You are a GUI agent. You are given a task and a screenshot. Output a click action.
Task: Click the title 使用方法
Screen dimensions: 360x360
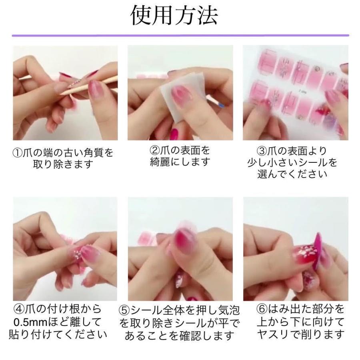pyautogui.click(x=174, y=16)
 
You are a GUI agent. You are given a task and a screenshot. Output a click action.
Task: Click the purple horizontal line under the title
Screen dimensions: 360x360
pyautogui.click(x=180, y=36)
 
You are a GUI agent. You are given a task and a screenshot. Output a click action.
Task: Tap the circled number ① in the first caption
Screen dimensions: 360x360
pyautogui.click(x=18, y=153)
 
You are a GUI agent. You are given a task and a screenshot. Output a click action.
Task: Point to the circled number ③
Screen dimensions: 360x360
pyautogui.click(x=262, y=151)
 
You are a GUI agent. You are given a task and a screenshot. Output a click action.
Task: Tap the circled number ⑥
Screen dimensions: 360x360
pyautogui.click(x=262, y=309)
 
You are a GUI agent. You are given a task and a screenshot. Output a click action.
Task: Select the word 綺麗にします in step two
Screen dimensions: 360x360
pyautogui.click(x=180, y=162)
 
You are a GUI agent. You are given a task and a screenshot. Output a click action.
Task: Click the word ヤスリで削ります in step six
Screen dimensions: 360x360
pyautogui.click(x=300, y=334)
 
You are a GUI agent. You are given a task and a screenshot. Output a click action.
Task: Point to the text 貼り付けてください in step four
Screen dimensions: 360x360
pyautogui.click(x=58, y=334)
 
